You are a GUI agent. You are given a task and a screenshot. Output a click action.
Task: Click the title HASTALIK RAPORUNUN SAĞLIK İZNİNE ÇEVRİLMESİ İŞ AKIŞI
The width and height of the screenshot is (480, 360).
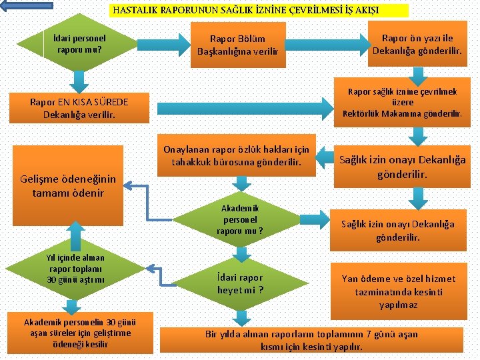click(246, 11)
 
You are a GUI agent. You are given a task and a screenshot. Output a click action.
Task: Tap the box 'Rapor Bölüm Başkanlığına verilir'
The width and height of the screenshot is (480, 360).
click(237, 45)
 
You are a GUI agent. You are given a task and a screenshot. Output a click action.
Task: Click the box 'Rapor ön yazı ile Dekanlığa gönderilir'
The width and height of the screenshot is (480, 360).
click(417, 45)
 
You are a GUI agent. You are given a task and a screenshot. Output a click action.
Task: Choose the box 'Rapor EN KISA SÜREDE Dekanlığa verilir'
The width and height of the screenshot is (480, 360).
click(79, 108)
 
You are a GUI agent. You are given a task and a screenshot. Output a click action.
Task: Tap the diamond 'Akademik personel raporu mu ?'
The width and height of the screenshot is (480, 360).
click(239, 219)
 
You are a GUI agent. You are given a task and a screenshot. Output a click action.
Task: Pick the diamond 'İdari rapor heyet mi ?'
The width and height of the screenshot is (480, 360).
click(239, 284)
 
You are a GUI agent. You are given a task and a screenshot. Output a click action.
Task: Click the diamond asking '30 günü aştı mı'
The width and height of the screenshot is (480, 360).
click(76, 268)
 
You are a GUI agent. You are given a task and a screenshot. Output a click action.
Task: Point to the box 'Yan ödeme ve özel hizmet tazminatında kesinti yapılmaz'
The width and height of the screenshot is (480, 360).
click(399, 291)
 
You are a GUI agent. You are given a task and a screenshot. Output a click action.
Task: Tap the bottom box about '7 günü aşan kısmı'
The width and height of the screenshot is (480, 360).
click(312, 340)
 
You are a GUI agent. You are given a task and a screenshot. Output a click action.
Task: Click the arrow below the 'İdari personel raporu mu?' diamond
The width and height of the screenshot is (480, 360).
click(79, 81)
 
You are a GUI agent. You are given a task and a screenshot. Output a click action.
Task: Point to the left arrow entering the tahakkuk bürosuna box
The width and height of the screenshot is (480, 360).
click(327, 157)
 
